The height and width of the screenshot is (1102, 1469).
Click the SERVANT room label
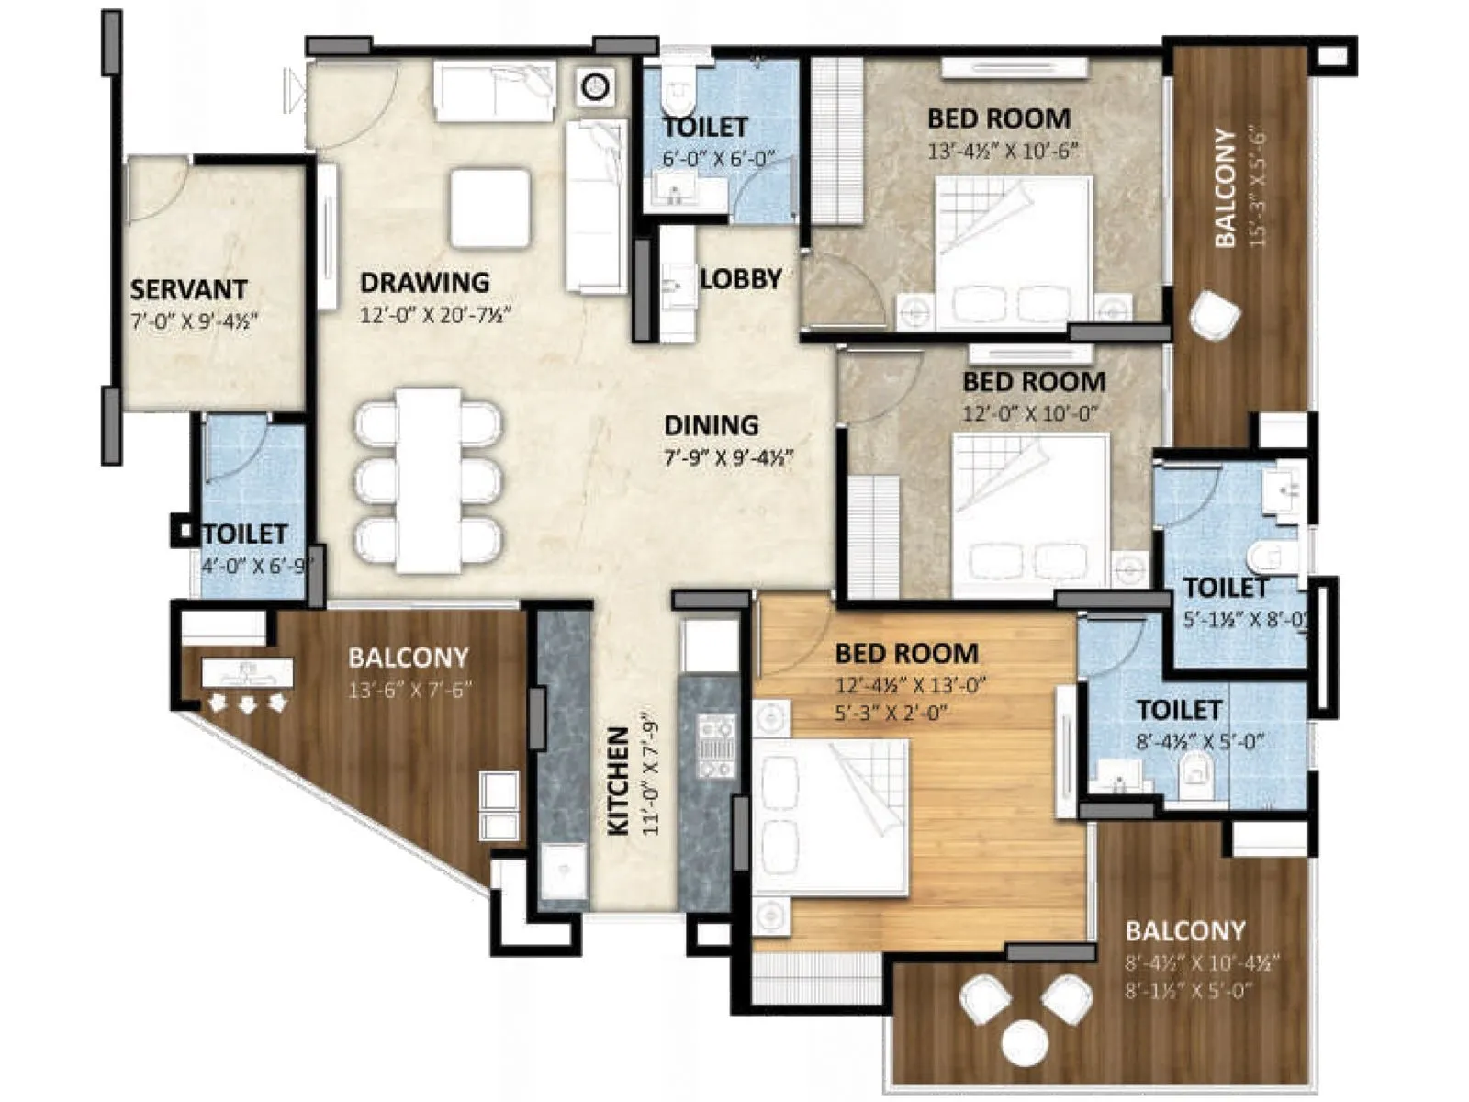coord(188,289)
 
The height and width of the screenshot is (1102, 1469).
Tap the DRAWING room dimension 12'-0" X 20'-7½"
coord(434,315)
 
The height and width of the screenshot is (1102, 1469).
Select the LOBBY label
coord(741,278)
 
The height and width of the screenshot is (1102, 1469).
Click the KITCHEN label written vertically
coord(620,782)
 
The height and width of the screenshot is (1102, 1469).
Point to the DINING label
coord(712,425)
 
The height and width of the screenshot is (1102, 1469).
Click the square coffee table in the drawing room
coord(490,208)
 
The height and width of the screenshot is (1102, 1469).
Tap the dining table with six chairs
coord(429,480)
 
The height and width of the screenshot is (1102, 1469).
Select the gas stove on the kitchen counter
coord(715,746)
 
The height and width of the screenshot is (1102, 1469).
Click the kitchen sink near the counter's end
coord(562,873)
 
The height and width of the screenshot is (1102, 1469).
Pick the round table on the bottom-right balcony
coord(1026,1042)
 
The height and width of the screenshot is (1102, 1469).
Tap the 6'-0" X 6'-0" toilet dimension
coord(719,159)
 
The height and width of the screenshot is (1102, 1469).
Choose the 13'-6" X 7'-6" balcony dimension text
coord(409,690)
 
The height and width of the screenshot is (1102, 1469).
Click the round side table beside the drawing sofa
coord(596,87)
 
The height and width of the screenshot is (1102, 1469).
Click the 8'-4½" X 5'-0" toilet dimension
coord(1201,741)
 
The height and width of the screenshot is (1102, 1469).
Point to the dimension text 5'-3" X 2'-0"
coord(891,712)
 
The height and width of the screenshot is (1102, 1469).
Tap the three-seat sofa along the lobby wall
coord(595,207)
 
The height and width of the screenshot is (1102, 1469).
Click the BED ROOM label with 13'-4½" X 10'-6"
coord(998,118)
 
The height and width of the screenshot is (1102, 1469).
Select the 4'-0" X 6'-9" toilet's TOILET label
coord(245,534)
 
